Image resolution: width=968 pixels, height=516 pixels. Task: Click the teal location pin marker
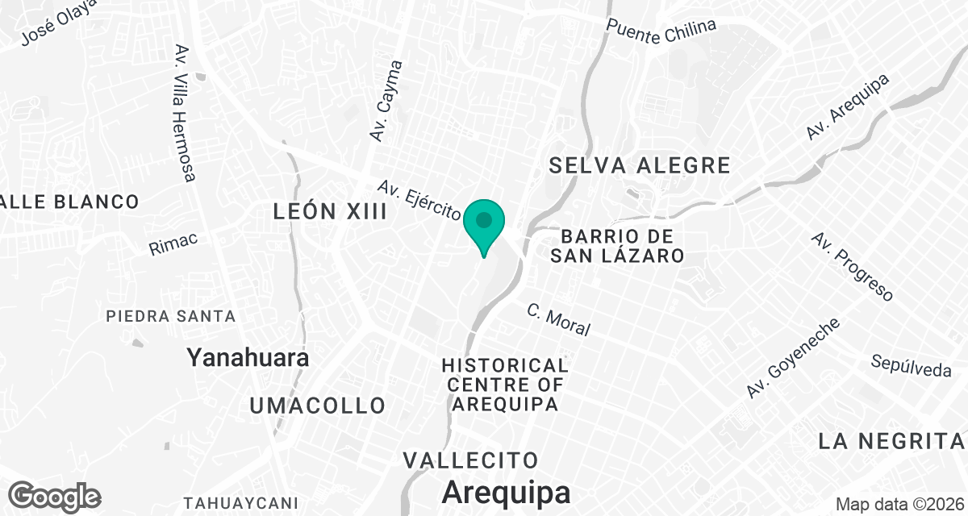484,223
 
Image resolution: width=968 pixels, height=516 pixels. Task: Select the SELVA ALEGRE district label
640,166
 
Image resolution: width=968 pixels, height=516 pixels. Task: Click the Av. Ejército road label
419,200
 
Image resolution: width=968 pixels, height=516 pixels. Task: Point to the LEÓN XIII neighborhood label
330,212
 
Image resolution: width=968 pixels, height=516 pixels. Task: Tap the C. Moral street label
558,319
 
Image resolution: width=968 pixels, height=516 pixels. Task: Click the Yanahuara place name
248,357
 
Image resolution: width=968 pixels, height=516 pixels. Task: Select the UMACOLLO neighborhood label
317,405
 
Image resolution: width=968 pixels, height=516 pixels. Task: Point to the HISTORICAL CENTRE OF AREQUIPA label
505,385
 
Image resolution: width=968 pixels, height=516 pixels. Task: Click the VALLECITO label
470,460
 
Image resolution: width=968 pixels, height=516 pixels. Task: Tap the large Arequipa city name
506,492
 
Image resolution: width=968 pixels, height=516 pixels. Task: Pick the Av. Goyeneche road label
793,357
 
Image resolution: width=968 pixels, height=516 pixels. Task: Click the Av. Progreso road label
853,268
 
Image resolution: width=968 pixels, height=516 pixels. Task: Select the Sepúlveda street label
912,365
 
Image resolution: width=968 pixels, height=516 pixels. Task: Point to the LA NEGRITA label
891,441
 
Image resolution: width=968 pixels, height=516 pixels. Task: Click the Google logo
55,495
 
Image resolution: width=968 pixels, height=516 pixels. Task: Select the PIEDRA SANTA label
171,317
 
